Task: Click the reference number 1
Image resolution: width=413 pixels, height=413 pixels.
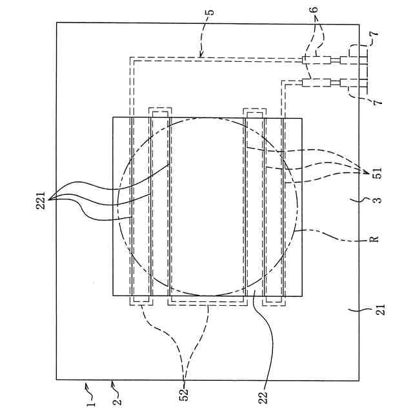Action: pos(91,405)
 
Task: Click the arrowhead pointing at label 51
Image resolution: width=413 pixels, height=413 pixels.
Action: pos(365,172)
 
